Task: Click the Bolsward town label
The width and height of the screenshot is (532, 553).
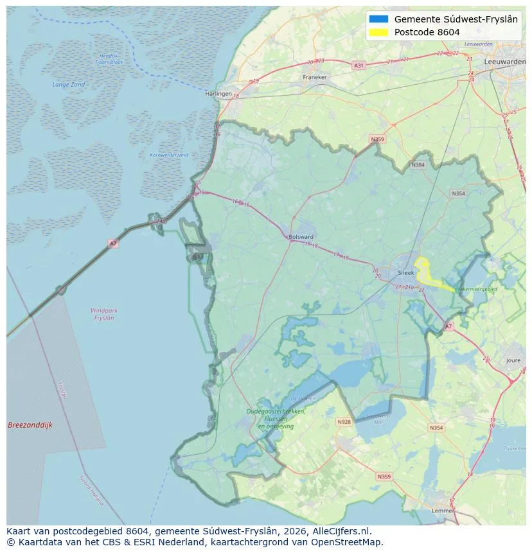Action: click(x=301, y=236)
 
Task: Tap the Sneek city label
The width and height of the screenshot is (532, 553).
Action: click(x=406, y=272)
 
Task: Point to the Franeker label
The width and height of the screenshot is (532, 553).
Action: click(x=315, y=77)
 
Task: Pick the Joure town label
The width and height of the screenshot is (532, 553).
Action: click(x=513, y=361)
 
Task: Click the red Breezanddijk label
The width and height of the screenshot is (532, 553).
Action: click(x=30, y=425)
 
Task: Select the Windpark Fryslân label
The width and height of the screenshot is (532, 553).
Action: click(x=103, y=314)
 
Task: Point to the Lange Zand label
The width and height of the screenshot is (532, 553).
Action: click(x=68, y=85)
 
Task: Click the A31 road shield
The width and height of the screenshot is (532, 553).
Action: click(x=359, y=66)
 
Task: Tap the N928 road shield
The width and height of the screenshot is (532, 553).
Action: click(x=344, y=422)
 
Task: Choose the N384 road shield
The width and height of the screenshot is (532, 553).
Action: click(x=418, y=165)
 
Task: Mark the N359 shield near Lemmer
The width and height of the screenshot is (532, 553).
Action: click(x=384, y=477)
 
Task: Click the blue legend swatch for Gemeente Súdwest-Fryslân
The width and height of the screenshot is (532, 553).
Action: click(x=379, y=19)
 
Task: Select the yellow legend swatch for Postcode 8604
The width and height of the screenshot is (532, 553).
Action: click(x=379, y=32)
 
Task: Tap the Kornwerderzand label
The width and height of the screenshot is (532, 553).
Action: click(x=169, y=155)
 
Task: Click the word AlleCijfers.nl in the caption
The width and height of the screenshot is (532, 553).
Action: click(x=340, y=531)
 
